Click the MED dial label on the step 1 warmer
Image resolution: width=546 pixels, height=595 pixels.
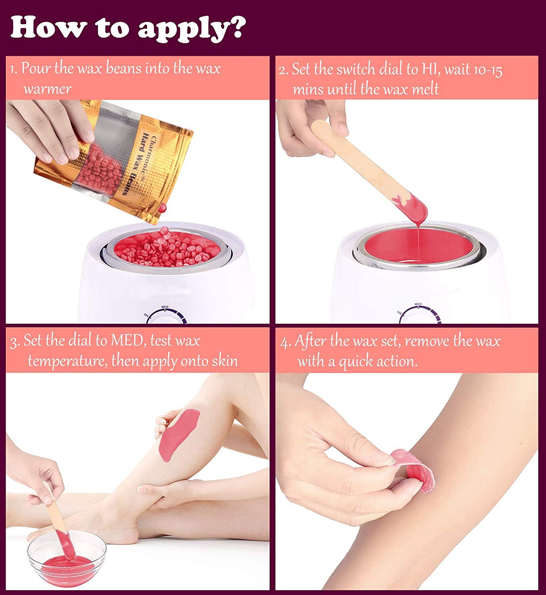pyautogui.click(x=165, y=307)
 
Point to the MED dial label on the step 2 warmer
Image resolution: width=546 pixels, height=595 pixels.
pyautogui.click(x=418, y=304)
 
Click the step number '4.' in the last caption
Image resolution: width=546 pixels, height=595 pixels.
pyautogui.click(x=285, y=343)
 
